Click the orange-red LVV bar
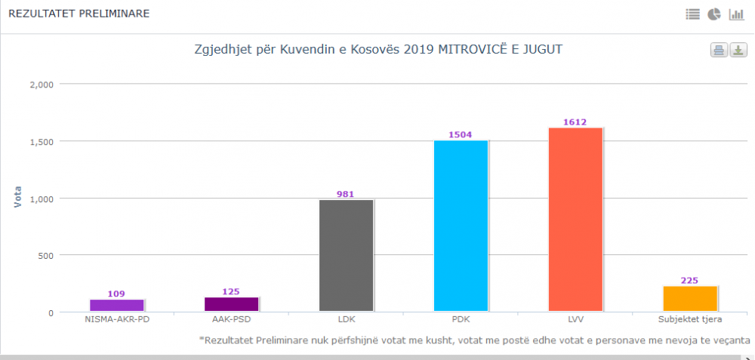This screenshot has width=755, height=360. pos(575,219)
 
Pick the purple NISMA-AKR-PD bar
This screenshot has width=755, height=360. pos(116,305)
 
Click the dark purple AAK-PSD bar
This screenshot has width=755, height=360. pos(231,304)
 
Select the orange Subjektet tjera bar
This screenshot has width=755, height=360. pos(689,298)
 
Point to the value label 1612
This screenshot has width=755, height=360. pos(575,122)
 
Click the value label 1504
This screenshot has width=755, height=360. pos(460,135)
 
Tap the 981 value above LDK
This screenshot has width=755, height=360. pos(346,194)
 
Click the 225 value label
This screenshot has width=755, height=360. pos(689,281)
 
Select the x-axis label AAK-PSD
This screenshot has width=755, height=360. pos(231,319)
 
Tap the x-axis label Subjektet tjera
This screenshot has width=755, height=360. pos(689,319)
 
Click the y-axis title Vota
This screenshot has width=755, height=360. pos(18,198)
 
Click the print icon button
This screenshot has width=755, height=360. pos(719,51)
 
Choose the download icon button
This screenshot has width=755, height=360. pos(738,51)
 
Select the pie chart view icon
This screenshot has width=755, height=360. pos(714,14)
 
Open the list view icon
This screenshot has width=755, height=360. pos(692,14)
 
